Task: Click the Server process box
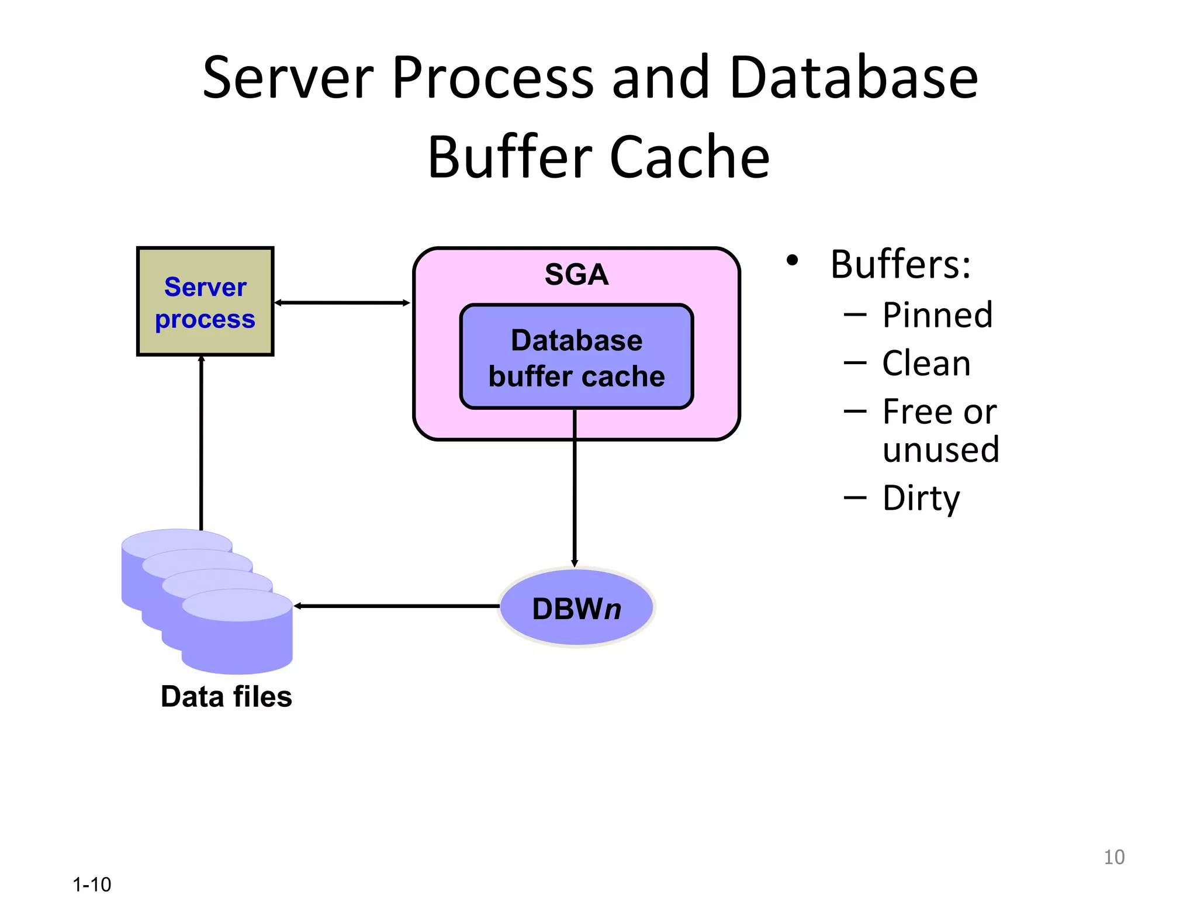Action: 205,302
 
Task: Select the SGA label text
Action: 576,274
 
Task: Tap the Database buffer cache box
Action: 576,357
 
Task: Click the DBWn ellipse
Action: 576,608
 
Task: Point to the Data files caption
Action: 226,697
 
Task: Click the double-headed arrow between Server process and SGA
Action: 343,302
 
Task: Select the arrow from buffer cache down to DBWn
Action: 575,491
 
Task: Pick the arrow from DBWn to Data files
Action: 397,606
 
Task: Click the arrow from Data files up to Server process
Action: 201,444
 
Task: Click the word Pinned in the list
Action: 937,315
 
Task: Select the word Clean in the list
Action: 926,363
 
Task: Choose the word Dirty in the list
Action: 921,498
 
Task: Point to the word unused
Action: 940,450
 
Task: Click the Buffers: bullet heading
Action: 900,264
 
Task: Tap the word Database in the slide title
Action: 853,78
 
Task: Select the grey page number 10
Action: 1114,857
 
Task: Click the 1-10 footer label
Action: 92,884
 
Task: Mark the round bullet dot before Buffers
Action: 792,261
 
